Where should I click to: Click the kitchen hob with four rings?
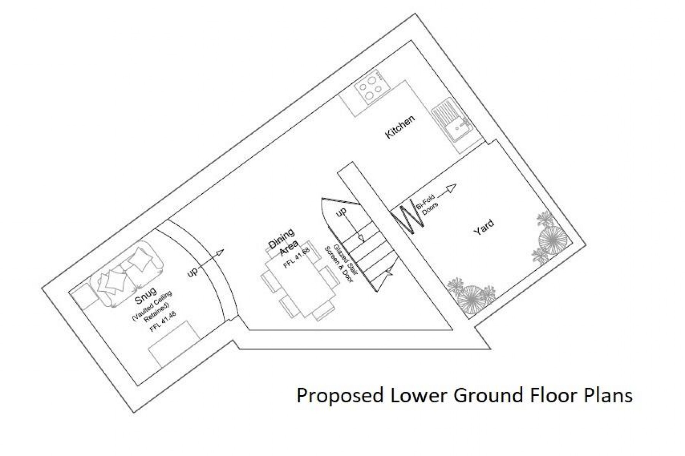[371, 88]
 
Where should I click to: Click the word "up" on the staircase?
[341, 213]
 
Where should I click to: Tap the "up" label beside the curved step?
[193, 272]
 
